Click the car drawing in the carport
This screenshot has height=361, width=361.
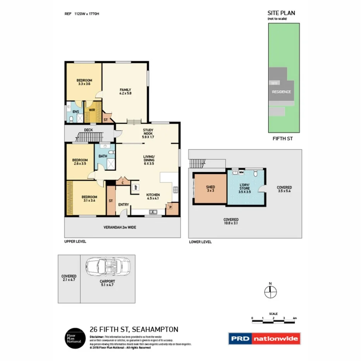pyautogui.click(x=108, y=267)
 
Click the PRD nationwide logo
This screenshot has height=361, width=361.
pyautogui.click(x=264, y=339)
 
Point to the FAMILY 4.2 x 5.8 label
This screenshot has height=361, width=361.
pyautogui.click(x=125, y=92)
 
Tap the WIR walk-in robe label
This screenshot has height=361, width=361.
pyautogui.click(x=92, y=110)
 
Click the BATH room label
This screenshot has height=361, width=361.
pyautogui.click(x=103, y=156)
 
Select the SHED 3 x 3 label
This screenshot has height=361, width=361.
pyautogui.click(x=210, y=189)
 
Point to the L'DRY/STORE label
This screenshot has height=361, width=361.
pyautogui.click(x=244, y=187)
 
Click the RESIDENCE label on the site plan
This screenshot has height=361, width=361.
pyautogui.click(x=281, y=92)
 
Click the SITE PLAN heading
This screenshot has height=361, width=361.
pyautogui.click(x=281, y=13)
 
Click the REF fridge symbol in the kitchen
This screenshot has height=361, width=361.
pyautogui.click(x=136, y=187)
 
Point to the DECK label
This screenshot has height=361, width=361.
pyautogui.click(x=88, y=130)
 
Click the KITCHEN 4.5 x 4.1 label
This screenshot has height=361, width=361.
pyautogui.click(x=153, y=196)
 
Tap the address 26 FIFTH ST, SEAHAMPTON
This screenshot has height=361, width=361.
pyautogui.click(x=134, y=330)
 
